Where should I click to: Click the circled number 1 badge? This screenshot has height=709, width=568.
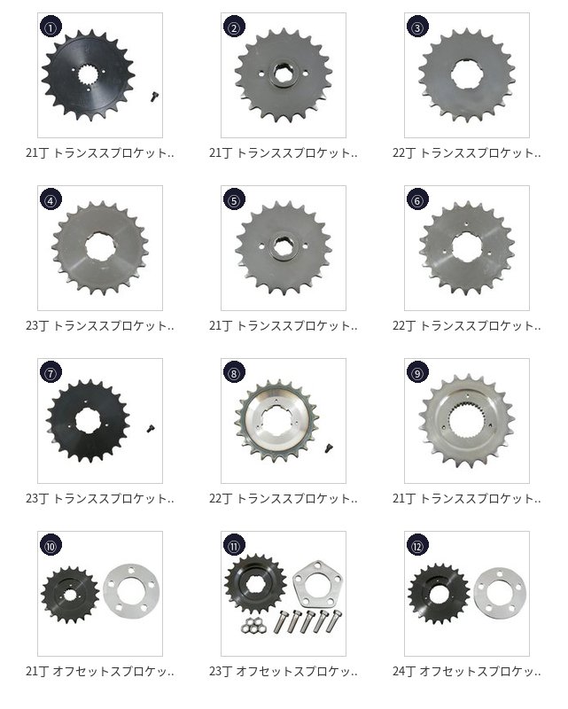pos(51,27)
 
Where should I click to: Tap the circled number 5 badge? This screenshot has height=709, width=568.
pos(234,200)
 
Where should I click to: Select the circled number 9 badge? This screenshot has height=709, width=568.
pos(417,372)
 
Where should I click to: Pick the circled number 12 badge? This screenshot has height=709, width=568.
pos(417,545)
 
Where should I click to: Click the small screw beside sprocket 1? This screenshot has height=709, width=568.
pos(154,97)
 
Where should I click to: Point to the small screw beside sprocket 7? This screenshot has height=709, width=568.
pos(151,428)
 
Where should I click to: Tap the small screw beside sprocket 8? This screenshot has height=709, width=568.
pos(329,448)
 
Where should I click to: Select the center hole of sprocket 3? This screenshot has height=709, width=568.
pos(467,74)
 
